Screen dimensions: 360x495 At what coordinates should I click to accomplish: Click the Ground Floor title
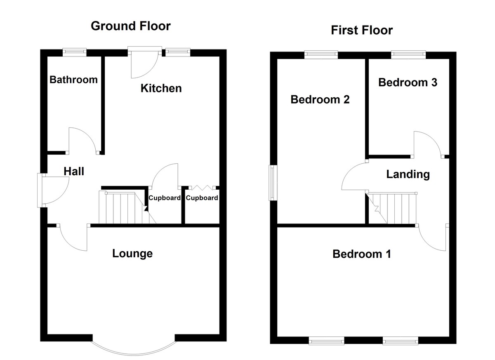pos(130,26)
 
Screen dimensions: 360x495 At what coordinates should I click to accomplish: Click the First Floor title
pos(362,30)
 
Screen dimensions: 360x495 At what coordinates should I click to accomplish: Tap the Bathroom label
pos(73,80)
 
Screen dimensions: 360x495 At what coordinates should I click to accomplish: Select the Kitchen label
pos(161,88)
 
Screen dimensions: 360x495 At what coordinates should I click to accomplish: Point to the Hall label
pos(74,171)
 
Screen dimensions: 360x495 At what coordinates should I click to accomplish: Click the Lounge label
pos(132,253)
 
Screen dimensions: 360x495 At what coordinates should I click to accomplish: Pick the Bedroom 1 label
pos(362,254)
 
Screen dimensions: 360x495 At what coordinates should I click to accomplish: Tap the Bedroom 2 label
pos(320,99)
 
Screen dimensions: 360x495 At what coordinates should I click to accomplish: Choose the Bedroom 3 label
pos(408,82)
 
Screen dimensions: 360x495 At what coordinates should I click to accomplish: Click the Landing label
pos(408,174)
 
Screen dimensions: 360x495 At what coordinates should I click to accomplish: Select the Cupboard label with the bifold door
pos(202,198)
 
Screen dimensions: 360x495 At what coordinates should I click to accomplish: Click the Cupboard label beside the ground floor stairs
pos(165,198)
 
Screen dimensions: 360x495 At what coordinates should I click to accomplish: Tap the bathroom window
pos(75,52)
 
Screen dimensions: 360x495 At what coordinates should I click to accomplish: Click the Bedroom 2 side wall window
pos(273,182)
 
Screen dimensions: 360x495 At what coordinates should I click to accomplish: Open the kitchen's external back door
pos(144,62)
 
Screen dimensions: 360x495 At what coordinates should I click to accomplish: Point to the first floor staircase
pos(392,208)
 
